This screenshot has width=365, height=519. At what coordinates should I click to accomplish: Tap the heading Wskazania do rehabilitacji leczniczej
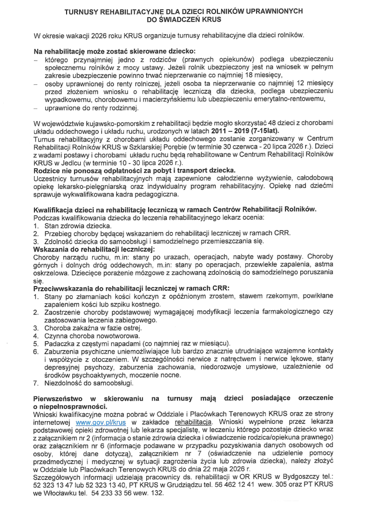click(95, 249)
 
